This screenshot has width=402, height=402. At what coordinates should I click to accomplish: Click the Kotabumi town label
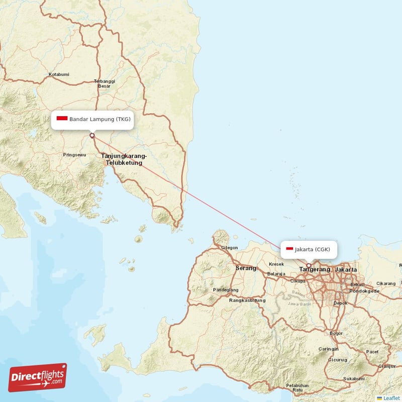click(x=59, y=75)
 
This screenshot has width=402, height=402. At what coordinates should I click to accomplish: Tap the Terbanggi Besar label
click(x=104, y=83)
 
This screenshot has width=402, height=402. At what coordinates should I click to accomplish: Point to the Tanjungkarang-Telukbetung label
click(x=124, y=159)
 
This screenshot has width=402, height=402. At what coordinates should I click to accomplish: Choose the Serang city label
click(x=246, y=268)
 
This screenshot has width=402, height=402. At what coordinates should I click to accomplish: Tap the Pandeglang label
click(x=226, y=290)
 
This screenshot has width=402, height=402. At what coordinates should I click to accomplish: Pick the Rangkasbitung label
click(x=247, y=300)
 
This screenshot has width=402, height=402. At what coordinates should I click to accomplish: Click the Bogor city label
click(x=336, y=333)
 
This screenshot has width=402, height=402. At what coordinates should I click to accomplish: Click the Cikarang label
click(x=386, y=283)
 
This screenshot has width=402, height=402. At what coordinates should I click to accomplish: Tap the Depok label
click(x=340, y=304)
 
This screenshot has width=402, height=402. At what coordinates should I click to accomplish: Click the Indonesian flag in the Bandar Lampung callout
click(x=62, y=119)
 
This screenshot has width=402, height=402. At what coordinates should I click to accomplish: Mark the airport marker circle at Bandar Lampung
click(x=92, y=135)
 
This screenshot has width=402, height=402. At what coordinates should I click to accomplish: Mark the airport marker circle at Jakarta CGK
click(x=309, y=266)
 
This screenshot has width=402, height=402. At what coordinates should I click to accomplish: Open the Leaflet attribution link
click(x=391, y=398)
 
